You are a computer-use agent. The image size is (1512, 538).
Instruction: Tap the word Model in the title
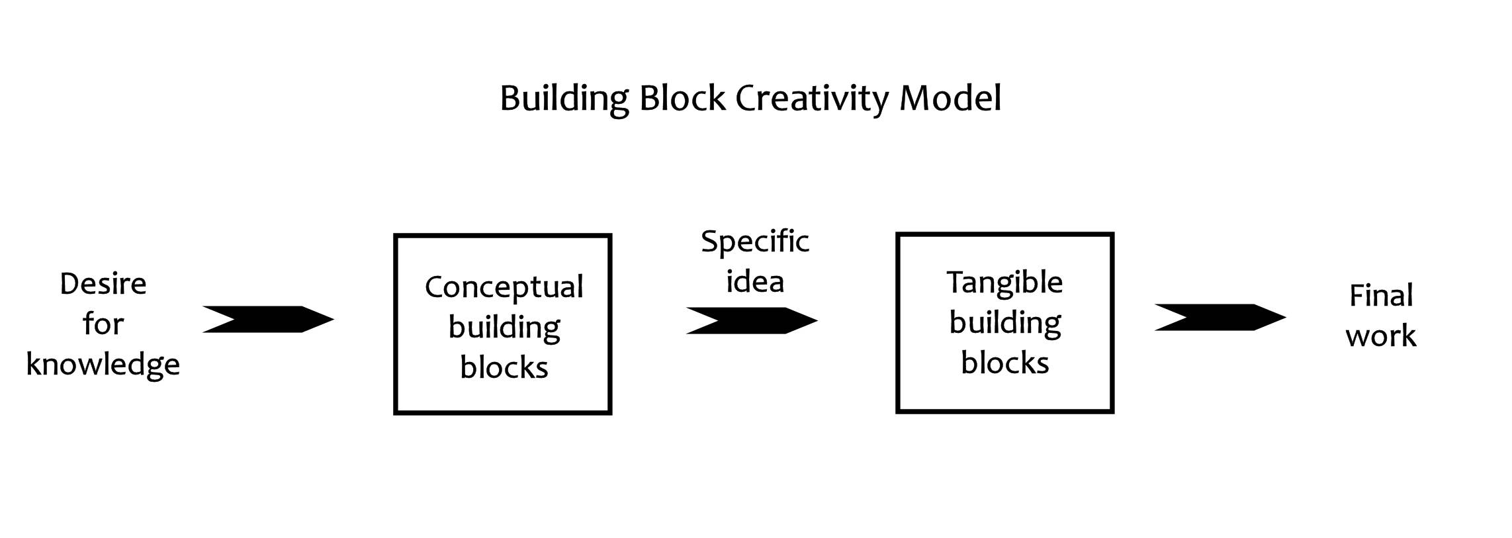pyautogui.click(x=950, y=99)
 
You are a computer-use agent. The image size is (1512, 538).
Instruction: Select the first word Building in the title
pyautogui.click(x=564, y=99)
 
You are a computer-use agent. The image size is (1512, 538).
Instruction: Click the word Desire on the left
pyautogui.click(x=103, y=284)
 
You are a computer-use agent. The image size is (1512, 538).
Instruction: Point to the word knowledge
pyautogui.click(x=103, y=365)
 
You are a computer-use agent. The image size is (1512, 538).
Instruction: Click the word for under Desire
pyautogui.click(x=103, y=324)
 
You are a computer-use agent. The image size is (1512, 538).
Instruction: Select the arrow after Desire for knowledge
pyautogui.click(x=268, y=319)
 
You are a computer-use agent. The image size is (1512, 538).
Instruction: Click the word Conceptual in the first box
pyautogui.click(x=504, y=287)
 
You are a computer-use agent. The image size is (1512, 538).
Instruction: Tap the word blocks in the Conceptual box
pyautogui.click(x=504, y=368)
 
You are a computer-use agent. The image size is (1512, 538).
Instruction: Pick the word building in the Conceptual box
pyautogui.click(x=504, y=328)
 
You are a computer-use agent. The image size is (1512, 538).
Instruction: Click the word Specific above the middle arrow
pyautogui.click(x=754, y=242)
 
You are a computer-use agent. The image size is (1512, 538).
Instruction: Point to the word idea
pyautogui.click(x=754, y=281)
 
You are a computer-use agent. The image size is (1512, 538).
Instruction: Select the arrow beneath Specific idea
pyautogui.click(x=751, y=320)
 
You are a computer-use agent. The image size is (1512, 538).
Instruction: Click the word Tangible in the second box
pyautogui.click(x=1004, y=283)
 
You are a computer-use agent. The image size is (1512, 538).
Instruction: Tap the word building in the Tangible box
pyautogui.click(x=1004, y=324)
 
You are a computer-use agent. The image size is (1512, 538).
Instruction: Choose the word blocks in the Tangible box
pyautogui.click(x=1004, y=363)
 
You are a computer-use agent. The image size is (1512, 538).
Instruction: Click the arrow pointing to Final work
pyautogui.click(x=1220, y=317)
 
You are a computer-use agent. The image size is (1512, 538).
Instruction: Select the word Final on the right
pyautogui.click(x=1380, y=295)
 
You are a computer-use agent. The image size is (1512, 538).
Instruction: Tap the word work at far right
pyautogui.click(x=1380, y=336)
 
